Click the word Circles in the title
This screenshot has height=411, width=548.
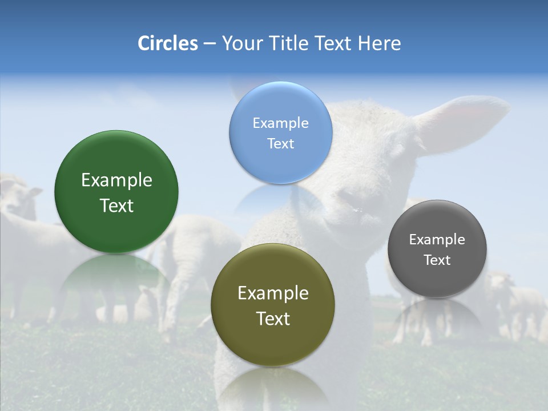click(x=168, y=43)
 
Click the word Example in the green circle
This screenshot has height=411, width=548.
click(x=116, y=180)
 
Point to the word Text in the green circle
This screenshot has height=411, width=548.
click(x=116, y=205)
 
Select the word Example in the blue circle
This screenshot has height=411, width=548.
click(x=281, y=123)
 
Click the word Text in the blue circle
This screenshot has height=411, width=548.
click(x=281, y=143)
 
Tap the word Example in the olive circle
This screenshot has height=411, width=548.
click(x=273, y=293)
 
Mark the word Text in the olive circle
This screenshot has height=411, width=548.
click(x=273, y=319)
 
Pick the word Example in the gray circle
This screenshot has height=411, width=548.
click(x=437, y=239)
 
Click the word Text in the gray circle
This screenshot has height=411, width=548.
click(x=437, y=260)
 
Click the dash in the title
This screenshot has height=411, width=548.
click(x=209, y=44)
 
